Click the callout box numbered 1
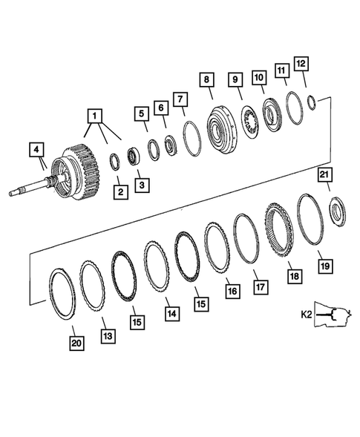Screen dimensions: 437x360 coord(94,116)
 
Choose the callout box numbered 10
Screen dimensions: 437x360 coord(259,78)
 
